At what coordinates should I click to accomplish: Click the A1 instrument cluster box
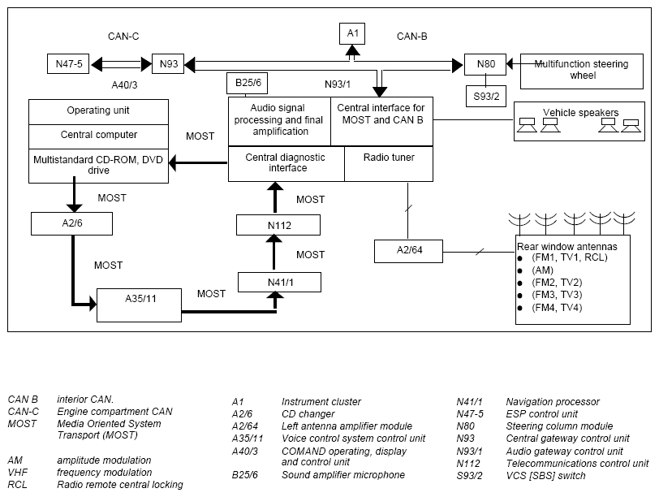pos(352,33)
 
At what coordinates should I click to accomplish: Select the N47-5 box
pos(68,64)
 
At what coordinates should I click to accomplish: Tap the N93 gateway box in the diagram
pos(168,64)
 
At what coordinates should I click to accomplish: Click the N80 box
pos(485,64)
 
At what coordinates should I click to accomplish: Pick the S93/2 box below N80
pos(486,97)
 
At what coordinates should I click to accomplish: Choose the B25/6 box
pos(247,83)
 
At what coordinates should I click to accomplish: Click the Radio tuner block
pos(389,164)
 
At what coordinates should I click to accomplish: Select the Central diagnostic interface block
pos(286,164)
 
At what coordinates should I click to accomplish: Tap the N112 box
pos(278,225)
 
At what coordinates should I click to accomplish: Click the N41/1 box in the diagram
pos(279,282)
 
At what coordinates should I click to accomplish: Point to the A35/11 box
pos(139,305)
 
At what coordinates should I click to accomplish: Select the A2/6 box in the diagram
pos(72,223)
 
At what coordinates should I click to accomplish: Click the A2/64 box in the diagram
pos(408,251)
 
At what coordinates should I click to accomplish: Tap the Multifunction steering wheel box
pos(582,71)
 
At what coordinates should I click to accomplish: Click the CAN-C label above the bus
pos(123,37)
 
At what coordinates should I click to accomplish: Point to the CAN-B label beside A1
pos(412,37)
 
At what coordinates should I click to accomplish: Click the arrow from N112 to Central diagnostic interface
pos(275,197)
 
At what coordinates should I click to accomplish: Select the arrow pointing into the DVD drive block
pos(198,163)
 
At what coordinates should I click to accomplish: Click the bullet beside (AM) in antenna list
pos(520,270)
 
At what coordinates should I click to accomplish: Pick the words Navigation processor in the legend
pos(553,402)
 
